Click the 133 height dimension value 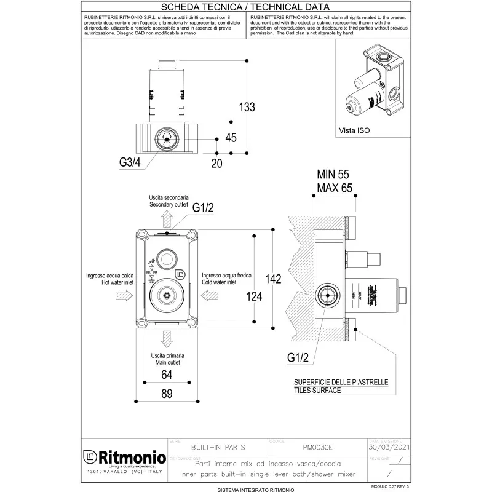[x=247, y=107]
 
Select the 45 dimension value [x=231, y=138]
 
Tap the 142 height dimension [x=273, y=279]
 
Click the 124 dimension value [x=253, y=296]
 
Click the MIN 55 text [x=333, y=175]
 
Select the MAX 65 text [x=334, y=188]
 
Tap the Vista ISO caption [x=355, y=130]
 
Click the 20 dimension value [x=216, y=163]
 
